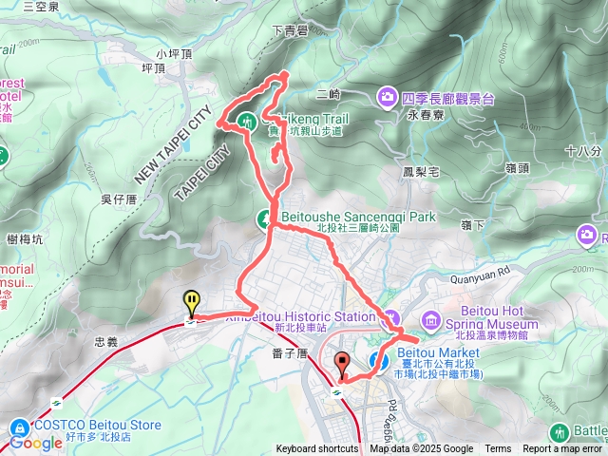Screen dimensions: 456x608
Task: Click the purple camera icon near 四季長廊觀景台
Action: (x=388, y=96)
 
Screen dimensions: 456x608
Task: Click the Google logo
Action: (x=36, y=443)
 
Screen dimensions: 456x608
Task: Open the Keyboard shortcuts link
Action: (x=317, y=449)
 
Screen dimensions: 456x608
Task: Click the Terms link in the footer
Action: (x=498, y=449)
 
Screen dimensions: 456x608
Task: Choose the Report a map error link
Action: (x=562, y=449)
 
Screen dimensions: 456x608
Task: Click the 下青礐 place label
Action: (x=289, y=30)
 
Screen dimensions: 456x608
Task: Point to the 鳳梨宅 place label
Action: (x=420, y=173)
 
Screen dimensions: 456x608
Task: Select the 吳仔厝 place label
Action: (x=119, y=198)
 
